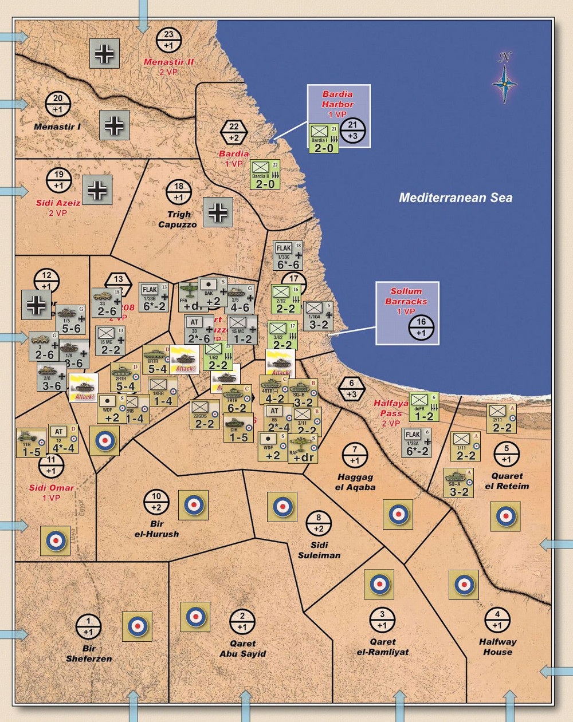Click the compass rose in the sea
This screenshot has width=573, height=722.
coord(504,81)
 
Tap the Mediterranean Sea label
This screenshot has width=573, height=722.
coord(456,198)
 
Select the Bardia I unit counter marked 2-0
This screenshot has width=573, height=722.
coord(324,139)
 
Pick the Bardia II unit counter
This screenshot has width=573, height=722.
coord(265,175)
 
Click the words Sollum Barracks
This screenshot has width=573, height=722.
coord(406,296)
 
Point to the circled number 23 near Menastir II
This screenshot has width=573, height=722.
coord(168,40)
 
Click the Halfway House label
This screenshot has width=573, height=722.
coord(497,646)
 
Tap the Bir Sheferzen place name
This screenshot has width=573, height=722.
coord(89,653)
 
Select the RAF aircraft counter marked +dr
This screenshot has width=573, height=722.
coord(303,448)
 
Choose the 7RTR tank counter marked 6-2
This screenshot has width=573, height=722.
coord(237,399)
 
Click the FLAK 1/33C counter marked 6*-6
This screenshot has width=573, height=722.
coord(288,255)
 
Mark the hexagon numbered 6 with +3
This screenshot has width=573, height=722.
coord(352,389)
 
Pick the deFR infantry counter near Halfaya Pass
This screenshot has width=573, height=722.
coord(424,408)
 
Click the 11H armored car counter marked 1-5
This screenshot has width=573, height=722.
coord(32,443)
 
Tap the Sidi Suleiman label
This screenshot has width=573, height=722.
coord(319,550)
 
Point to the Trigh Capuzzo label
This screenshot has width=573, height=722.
coord(178,219)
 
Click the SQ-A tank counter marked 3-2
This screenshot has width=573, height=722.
coord(459,483)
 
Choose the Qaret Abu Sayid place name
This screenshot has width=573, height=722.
coord(242,648)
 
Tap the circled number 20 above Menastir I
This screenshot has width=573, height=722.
coord(58,104)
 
